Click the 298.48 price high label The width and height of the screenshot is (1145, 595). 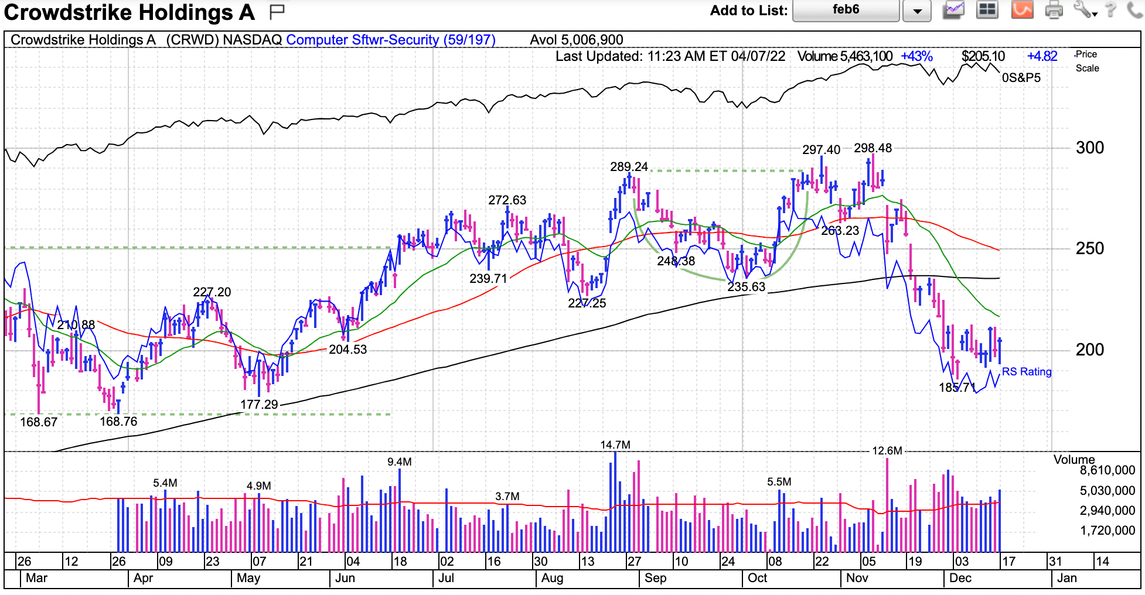coord(873,148)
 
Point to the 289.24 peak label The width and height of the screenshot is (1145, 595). coord(629,167)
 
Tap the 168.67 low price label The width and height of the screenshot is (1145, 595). coord(39,422)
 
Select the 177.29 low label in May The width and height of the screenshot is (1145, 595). coord(259,404)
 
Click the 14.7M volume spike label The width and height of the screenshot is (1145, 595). coord(615,445)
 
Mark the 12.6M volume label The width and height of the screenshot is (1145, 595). coord(887,451)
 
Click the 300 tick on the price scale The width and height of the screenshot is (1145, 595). coord(1089,148)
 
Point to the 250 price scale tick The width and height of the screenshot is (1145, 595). coord(1089,248)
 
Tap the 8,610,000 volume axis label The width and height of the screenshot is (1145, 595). coord(1107,470)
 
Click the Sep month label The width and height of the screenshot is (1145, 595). coord(655,578)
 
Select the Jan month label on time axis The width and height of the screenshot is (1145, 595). coord(1066,578)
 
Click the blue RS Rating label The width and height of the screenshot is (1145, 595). coord(1027,372)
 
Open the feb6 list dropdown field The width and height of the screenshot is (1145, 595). coord(846,10)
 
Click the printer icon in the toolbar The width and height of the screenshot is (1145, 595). coord(1054,10)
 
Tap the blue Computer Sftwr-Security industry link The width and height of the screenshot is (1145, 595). coord(391,40)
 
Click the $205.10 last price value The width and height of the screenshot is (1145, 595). coord(983,56)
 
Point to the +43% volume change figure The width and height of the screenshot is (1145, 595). coord(916,56)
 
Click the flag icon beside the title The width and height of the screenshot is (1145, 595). coord(277,11)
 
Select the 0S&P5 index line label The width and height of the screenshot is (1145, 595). coord(1021,78)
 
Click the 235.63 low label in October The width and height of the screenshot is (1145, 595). coord(746,287)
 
